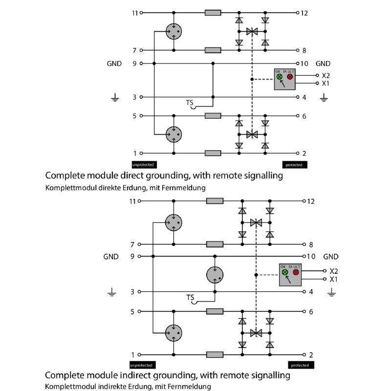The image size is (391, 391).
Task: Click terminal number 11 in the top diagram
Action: click(135, 13)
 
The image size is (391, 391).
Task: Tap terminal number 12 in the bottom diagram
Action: click(313, 201)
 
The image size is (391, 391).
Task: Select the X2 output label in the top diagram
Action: click(326, 76)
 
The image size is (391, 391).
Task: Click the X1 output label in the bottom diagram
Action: click(334, 279)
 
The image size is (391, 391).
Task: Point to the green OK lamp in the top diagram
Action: click(280, 77)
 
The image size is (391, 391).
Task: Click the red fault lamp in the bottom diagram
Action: click(296, 272)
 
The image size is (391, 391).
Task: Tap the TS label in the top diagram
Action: click(190, 103)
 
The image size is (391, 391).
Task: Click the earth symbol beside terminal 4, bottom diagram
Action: click(332, 293)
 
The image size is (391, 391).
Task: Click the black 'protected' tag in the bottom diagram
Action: click(300, 365)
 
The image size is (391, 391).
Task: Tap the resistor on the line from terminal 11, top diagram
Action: click(213, 13)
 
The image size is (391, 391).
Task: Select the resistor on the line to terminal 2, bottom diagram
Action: click(215, 355)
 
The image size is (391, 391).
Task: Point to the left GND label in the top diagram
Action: click(114, 64)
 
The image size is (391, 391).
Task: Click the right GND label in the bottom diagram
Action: click(331, 257)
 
